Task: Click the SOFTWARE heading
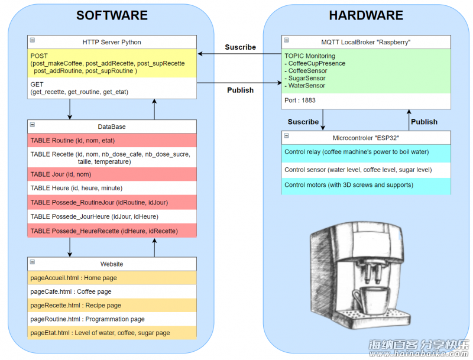point(112,15)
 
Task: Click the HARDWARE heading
point(366,15)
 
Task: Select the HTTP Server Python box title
point(112,42)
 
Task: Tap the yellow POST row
point(112,63)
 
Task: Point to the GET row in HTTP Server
point(112,88)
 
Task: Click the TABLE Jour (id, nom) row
point(112,174)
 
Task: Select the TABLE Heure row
point(112,188)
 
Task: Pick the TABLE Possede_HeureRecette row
point(112,231)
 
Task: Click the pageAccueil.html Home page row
point(112,278)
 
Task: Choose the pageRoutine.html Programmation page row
point(112,319)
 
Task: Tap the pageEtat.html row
point(112,333)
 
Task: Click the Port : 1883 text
point(300,100)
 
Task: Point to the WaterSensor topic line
point(305,86)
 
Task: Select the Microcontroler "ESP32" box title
point(366,138)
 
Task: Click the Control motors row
point(366,186)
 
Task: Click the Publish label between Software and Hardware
point(241,90)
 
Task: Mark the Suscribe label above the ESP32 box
point(303,122)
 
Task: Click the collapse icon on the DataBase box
point(33,125)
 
